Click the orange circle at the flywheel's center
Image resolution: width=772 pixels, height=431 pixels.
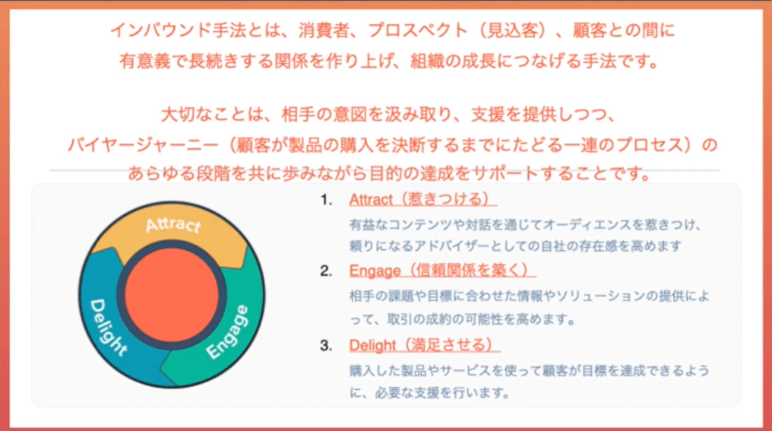[x=171, y=295]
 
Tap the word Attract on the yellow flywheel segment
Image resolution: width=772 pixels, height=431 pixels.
[x=173, y=225]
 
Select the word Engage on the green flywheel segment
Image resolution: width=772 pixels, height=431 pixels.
[x=227, y=331]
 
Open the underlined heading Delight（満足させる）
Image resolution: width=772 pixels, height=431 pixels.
[x=425, y=345]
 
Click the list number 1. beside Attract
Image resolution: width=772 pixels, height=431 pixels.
[x=327, y=200]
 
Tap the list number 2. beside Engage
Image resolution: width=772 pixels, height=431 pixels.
[x=326, y=271]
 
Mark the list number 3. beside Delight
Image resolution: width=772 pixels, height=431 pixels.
[x=326, y=345]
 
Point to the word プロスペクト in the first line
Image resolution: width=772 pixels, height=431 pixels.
[x=417, y=30]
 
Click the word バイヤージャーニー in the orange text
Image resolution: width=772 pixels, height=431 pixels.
[x=143, y=145]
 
